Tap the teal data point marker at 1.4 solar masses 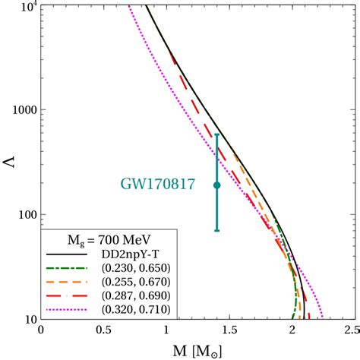point(217,185)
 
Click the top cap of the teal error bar point(217,135)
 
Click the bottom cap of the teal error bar point(217,230)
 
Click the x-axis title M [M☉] point(193,350)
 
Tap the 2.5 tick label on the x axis point(351,331)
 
